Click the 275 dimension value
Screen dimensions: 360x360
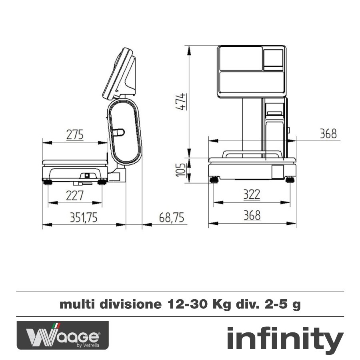pyautogui.click(x=75, y=135)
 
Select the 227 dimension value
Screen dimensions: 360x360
pyautogui.click(x=75, y=196)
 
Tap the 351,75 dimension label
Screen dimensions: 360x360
pyautogui.click(x=84, y=217)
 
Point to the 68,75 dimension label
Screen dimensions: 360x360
pyautogui.click(x=171, y=217)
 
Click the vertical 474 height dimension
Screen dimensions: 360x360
pyautogui.click(x=182, y=102)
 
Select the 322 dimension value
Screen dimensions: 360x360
pyautogui.click(x=252, y=195)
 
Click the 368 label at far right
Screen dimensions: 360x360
pyautogui.click(x=328, y=134)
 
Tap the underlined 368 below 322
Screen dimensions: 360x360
pyautogui.click(x=252, y=216)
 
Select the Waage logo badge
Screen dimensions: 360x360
pyautogui.click(x=62, y=335)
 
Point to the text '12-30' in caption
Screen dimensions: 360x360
pyautogui.click(x=182, y=305)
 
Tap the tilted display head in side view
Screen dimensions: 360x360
pyautogui.click(x=120, y=74)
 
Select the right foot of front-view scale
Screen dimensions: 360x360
pyautogui.click(x=290, y=179)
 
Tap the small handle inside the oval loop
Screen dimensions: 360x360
pyautogui.click(x=118, y=132)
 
